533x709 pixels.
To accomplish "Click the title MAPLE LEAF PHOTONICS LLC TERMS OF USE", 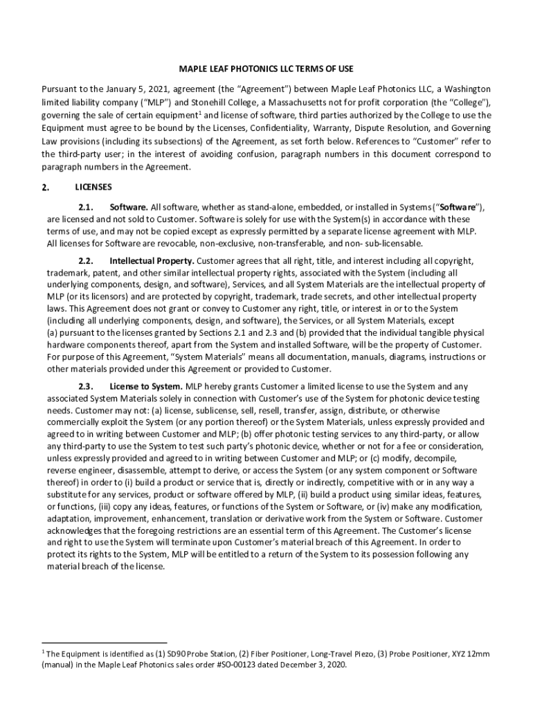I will coord(266,69).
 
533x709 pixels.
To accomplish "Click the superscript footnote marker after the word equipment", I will coord(199,112).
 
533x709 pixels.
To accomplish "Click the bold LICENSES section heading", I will coord(93,187).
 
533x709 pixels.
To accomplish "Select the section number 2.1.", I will coord(85,207).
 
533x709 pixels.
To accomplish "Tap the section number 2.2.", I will coord(85,261).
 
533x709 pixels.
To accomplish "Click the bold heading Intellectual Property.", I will coord(152,261).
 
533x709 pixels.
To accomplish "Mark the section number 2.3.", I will coord(85,386).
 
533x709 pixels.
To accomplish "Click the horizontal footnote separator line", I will coord(104,643).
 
